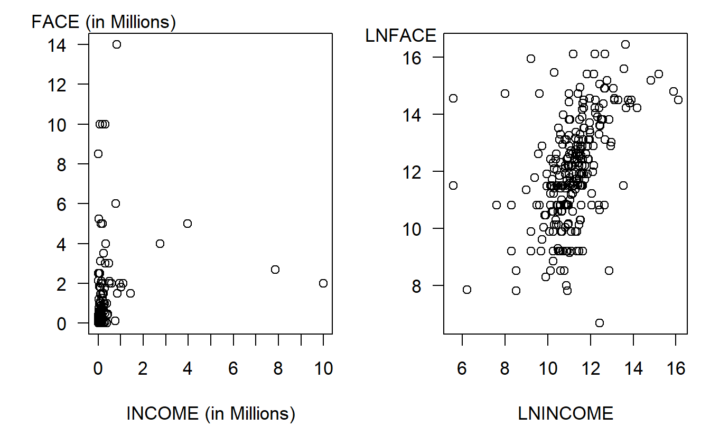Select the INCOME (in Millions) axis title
click(x=210, y=413)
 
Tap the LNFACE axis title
click(x=401, y=36)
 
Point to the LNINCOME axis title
click(x=566, y=413)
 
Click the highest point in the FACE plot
click(x=117, y=44)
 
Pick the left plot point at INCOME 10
click(x=323, y=283)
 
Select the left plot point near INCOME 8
click(x=275, y=270)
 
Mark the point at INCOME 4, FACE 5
click(x=188, y=224)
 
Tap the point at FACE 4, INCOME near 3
click(x=160, y=244)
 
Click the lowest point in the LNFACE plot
click(x=599, y=323)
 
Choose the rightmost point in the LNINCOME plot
click(x=678, y=100)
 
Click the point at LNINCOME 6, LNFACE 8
click(x=466, y=290)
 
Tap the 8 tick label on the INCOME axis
click(x=278, y=369)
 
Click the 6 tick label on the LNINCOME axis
click(x=462, y=369)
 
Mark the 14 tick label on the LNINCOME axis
click(x=633, y=369)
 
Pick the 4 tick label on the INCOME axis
click(x=188, y=369)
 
